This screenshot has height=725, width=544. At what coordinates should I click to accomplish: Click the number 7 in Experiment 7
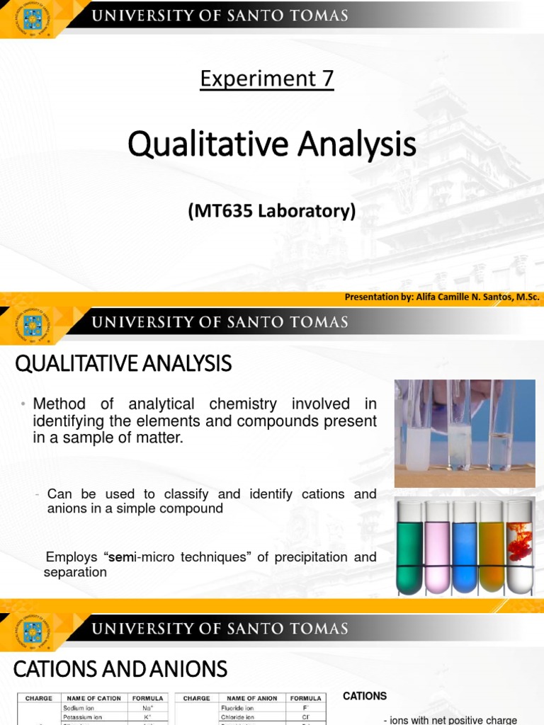tap(327, 79)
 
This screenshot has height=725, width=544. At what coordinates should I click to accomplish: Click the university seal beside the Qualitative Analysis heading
tap(33, 326)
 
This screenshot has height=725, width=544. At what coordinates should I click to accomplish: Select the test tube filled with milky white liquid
tap(416, 439)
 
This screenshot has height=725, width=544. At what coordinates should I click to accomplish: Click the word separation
tap(75, 572)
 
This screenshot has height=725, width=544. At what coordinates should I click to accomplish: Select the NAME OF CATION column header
tap(94, 698)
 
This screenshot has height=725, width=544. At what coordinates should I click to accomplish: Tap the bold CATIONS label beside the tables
tap(365, 696)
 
